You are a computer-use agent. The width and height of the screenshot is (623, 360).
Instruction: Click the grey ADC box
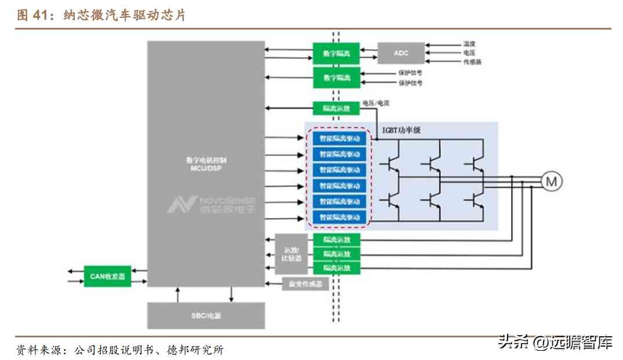(401, 53)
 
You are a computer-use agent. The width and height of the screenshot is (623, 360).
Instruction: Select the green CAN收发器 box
(107, 276)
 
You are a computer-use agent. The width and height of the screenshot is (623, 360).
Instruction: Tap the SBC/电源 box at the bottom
(206, 315)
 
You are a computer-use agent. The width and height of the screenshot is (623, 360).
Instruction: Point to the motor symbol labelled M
(552, 181)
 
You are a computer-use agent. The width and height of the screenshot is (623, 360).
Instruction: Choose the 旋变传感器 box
(305, 284)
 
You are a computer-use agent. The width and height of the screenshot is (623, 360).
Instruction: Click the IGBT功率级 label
(401, 130)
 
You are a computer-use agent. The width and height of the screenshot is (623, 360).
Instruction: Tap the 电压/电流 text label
(375, 103)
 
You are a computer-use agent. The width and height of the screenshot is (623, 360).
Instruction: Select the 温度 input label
(469, 44)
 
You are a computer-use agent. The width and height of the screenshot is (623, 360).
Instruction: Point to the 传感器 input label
(472, 61)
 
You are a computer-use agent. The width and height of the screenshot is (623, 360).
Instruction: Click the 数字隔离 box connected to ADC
(336, 53)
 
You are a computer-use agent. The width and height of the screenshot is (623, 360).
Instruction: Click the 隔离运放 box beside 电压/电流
(336, 108)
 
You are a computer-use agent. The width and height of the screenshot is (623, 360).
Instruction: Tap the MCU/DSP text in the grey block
(206, 168)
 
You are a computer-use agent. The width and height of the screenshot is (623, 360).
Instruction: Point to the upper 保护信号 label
(410, 73)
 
